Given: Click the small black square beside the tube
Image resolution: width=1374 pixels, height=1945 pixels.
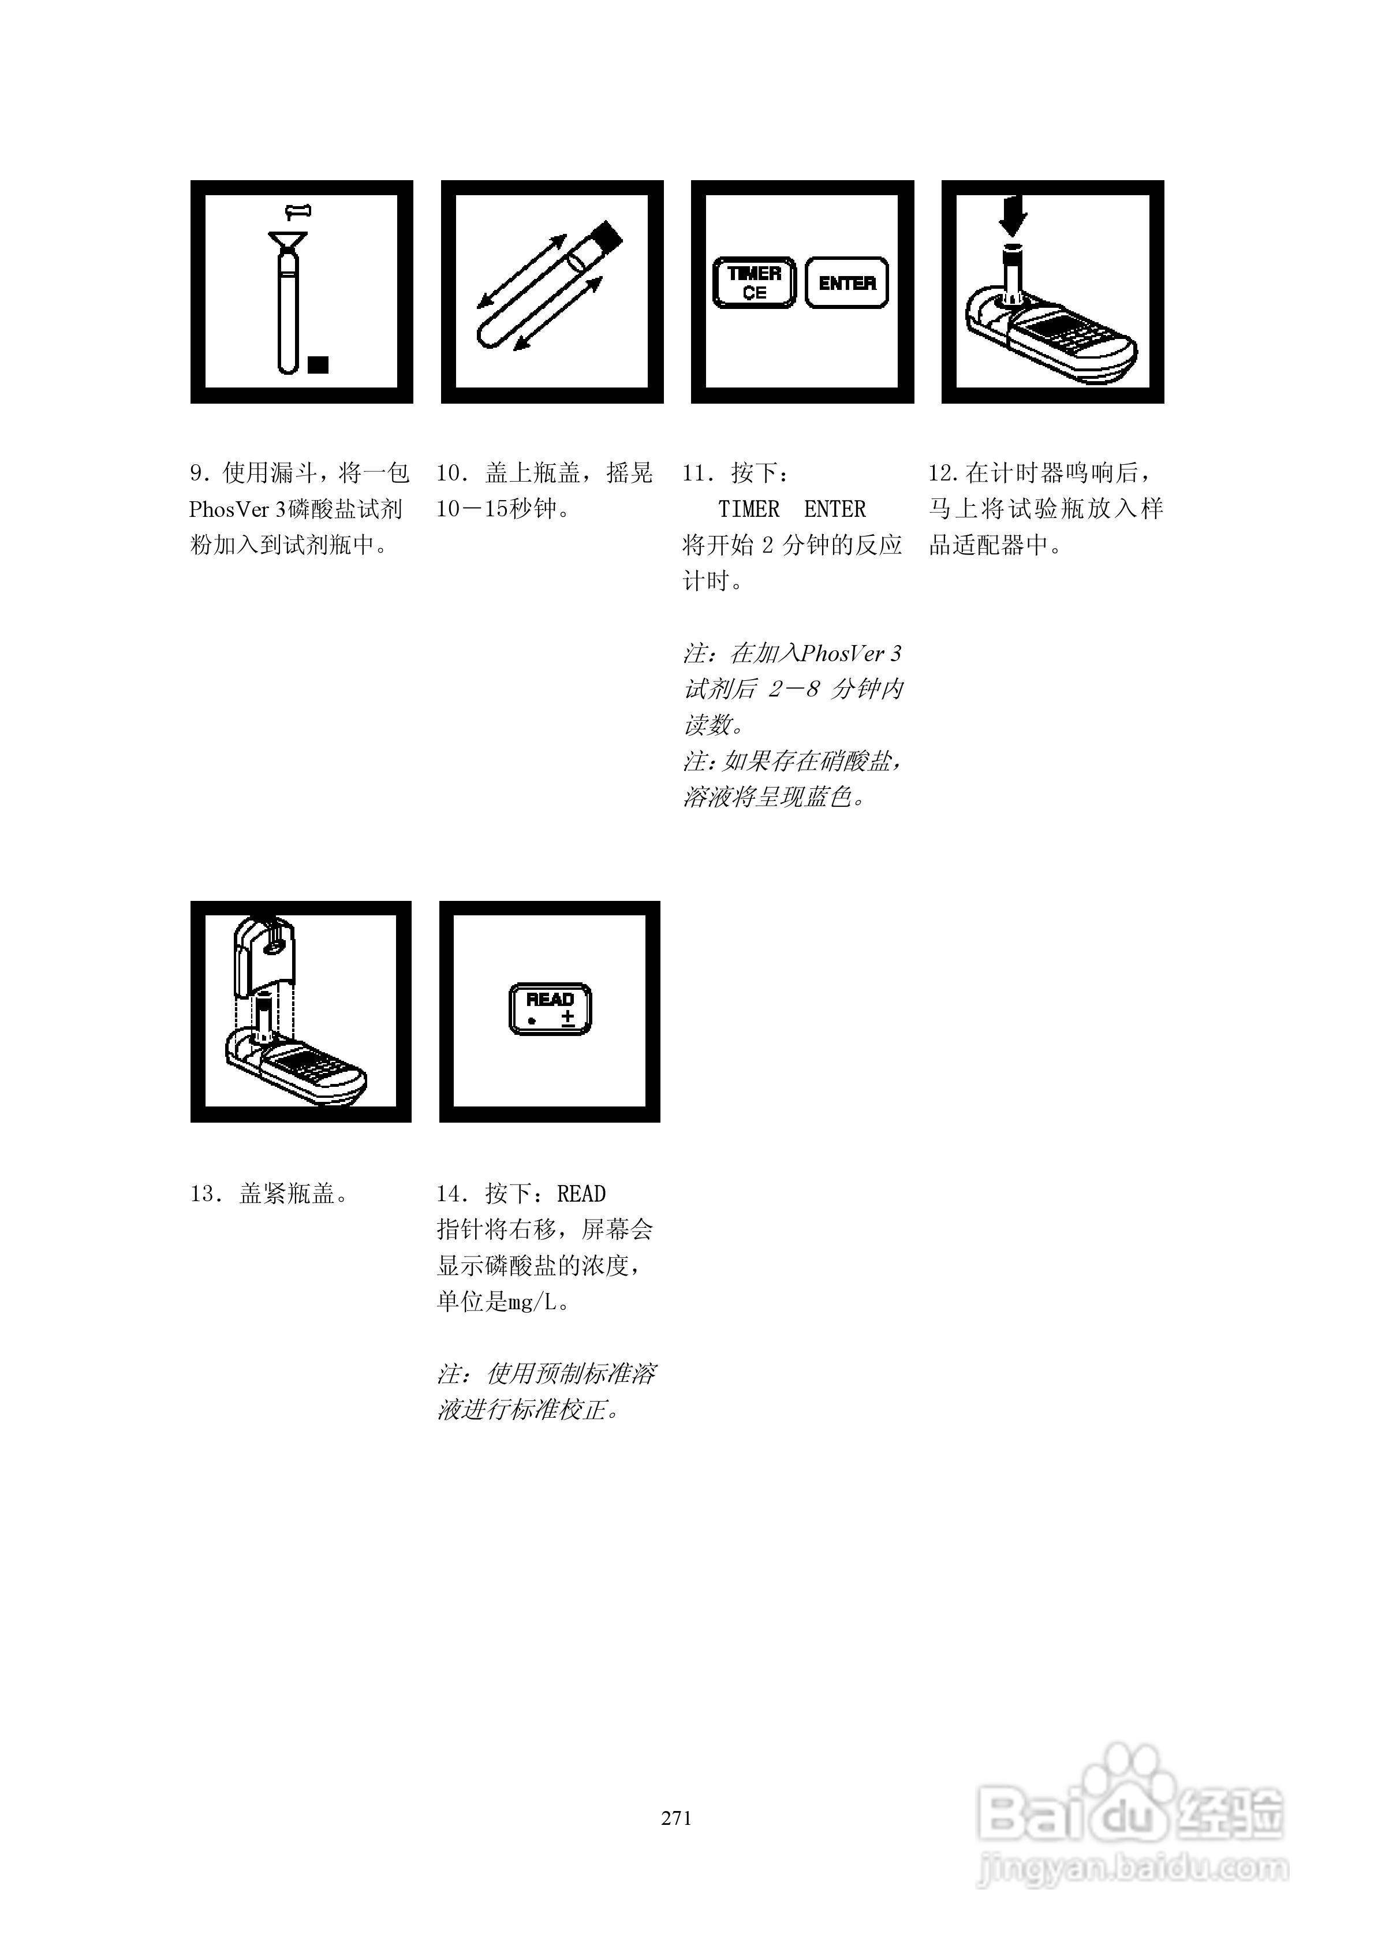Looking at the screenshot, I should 319,364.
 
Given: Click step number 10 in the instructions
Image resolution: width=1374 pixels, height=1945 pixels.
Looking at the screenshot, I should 450,473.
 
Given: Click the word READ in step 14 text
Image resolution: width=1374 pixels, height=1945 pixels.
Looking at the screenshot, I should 581,1194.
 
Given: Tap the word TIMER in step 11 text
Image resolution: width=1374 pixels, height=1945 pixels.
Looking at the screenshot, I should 749,509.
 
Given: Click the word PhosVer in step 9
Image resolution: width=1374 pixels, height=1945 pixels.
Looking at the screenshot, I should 229,509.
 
